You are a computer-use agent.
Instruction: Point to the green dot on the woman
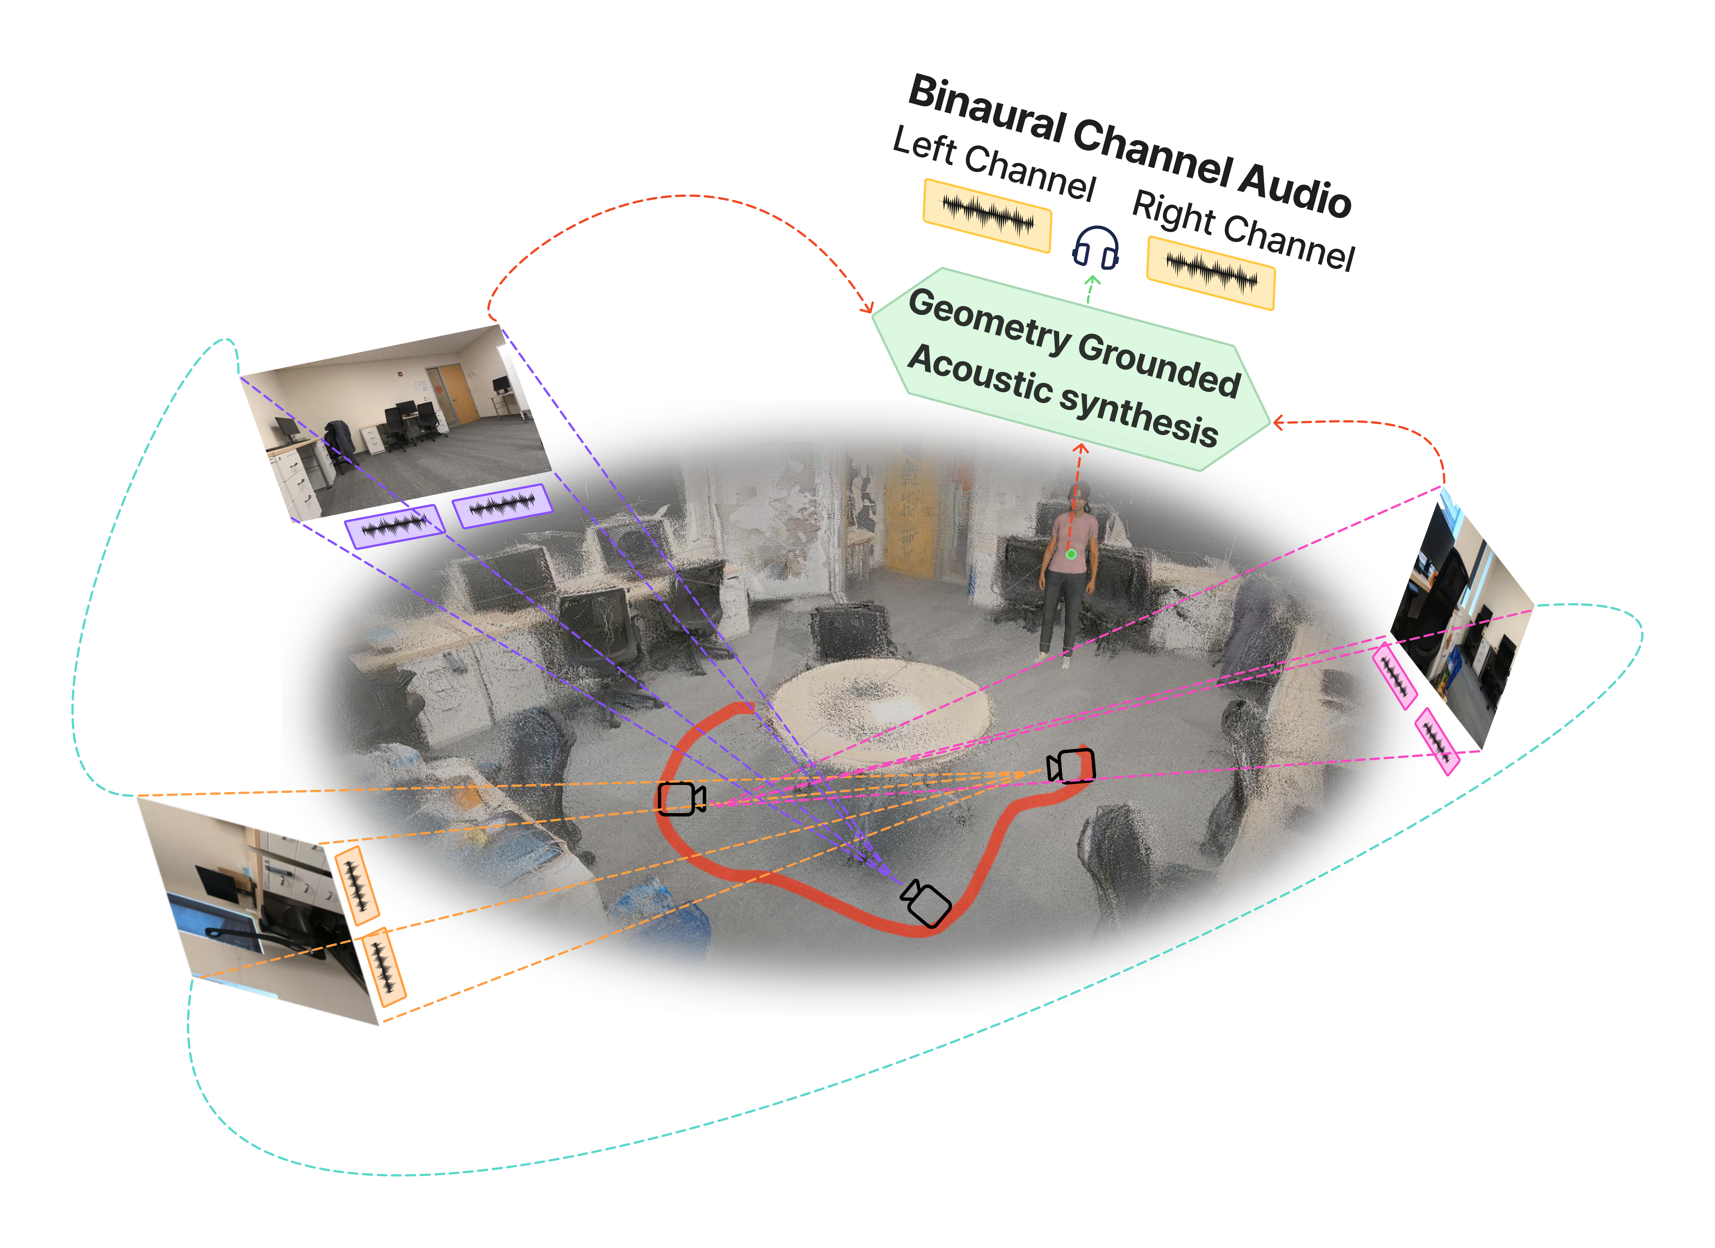coord(1071,555)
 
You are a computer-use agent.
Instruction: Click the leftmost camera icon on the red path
coord(680,799)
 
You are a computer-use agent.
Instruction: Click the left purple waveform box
coord(394,526)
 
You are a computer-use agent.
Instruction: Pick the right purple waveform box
coord(502,506)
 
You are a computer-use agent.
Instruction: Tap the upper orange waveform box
coord(356,885)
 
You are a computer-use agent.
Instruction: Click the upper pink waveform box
coord(1394,677)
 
